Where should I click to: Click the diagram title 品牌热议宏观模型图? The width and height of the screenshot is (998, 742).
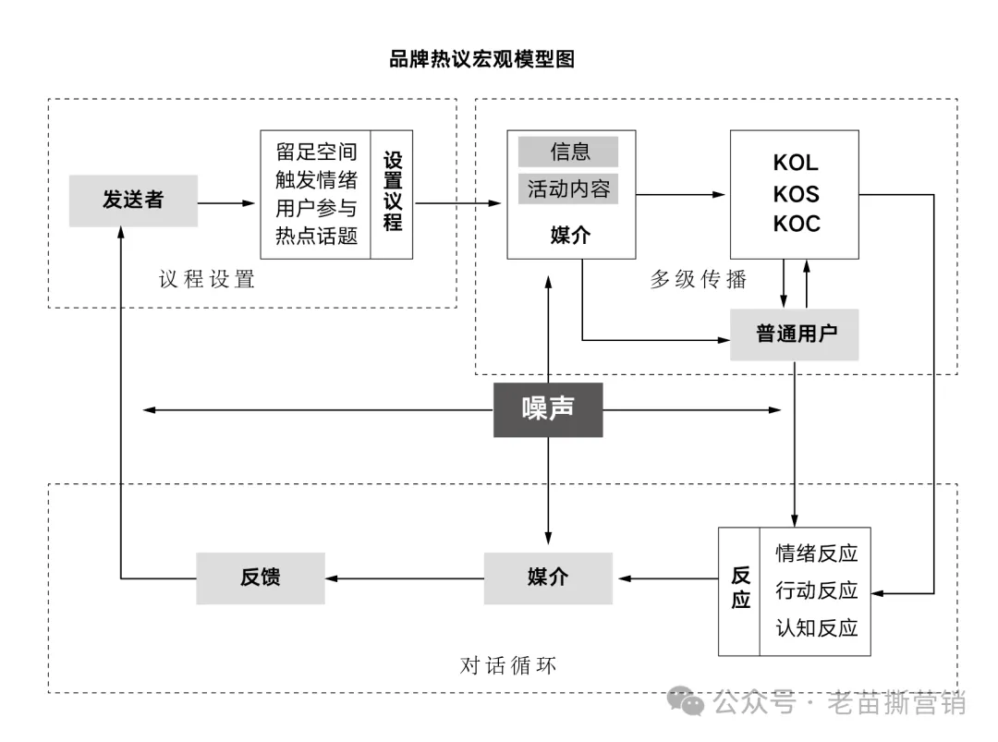481,59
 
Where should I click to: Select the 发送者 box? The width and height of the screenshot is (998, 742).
133,201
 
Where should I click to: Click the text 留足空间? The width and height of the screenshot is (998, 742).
316,152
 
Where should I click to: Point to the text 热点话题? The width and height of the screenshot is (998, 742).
316,236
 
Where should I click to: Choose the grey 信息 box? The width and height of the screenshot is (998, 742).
568,152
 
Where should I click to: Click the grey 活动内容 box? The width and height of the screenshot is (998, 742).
568,189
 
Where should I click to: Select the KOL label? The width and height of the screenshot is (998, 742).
796,163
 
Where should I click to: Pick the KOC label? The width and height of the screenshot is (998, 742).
796,224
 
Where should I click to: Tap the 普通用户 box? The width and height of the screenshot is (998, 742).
795,334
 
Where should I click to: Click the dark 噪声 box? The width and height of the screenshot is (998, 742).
548,409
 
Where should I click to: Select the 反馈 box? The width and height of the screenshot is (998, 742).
260,578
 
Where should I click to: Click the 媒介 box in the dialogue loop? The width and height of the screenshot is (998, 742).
548,578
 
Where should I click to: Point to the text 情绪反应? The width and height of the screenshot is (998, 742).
816,553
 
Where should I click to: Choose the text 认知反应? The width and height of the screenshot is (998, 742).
816,628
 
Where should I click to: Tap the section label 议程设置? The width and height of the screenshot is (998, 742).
207,280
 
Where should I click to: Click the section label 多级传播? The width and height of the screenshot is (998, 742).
698,280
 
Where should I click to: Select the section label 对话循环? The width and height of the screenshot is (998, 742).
508,665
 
